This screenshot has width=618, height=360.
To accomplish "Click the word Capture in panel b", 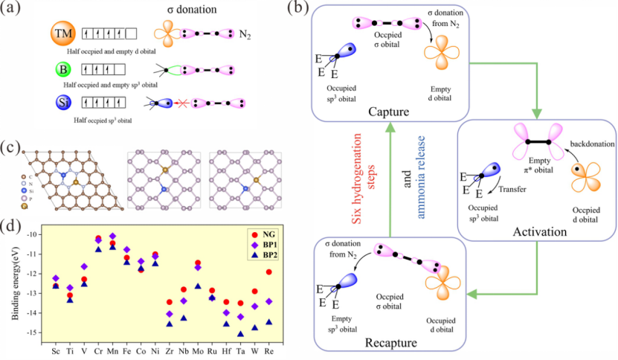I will point(390,111).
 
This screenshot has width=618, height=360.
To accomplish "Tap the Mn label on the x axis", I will point(113,349).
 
